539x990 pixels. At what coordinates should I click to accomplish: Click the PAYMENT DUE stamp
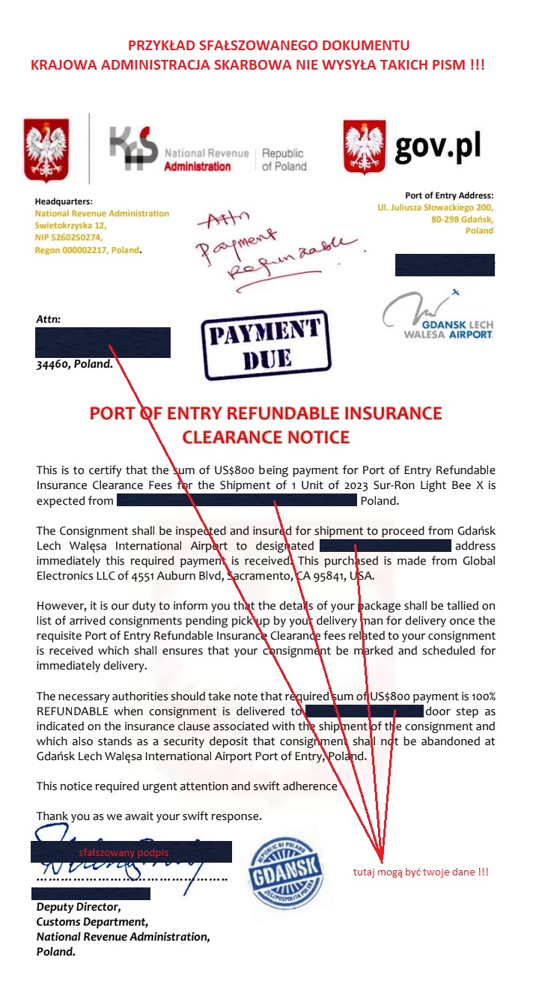pos(265,346)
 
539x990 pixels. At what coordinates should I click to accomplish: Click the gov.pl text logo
pos(437,145)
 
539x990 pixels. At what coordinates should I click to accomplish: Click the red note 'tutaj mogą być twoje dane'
pos(421,872)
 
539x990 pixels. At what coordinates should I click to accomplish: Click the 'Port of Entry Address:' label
pos(449,195)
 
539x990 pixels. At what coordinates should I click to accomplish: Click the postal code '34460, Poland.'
pos(75,365)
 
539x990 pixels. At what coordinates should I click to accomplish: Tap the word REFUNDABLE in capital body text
pos(72,711)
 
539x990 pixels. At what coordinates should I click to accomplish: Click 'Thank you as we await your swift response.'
pos(149,816)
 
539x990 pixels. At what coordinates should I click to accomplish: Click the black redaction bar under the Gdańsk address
pos(445,265)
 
